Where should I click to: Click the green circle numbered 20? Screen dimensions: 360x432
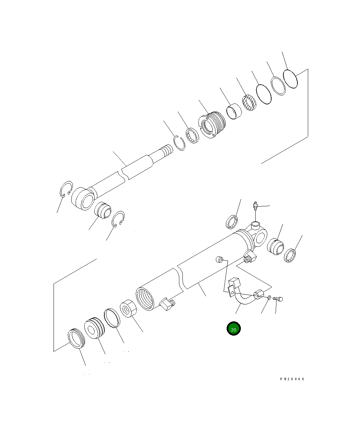tap(234, 328)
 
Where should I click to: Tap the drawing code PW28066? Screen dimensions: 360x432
tap(292, 379)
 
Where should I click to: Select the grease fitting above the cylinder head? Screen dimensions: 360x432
tap(256, 205)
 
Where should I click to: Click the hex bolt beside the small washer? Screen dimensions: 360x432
tap(278, 299)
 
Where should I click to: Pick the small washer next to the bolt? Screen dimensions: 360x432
tap(269, 298)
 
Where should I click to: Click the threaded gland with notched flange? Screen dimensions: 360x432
tap(212, 125)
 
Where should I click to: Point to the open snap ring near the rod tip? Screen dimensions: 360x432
tap(179, 143)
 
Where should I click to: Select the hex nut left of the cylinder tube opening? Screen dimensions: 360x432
tap(128, 308)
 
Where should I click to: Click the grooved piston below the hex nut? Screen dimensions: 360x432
tap(94, 328)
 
